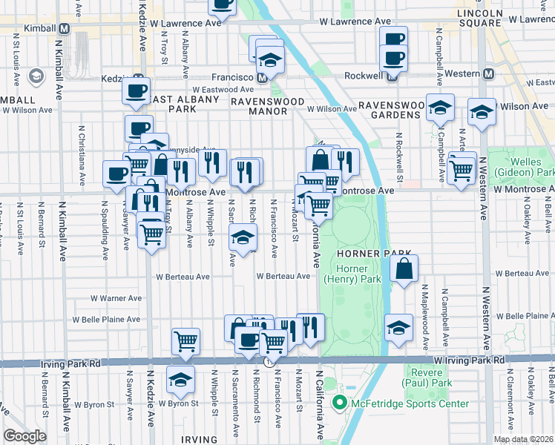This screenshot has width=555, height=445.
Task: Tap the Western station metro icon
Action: coord(488,73)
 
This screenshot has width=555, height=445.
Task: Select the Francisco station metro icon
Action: coord(262,77)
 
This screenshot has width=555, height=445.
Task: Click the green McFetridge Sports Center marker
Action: coord(341,403)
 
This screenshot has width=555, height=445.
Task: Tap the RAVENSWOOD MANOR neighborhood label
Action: coord(258,105)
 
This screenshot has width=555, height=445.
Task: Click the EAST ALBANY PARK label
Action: coord(171,103)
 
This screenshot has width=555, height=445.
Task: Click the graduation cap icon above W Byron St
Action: coord(180,380)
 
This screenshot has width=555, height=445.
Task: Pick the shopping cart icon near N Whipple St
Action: coord(185,341)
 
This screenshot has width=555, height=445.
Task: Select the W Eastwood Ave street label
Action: coord(195,90)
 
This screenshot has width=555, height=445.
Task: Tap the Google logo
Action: coord(24,436)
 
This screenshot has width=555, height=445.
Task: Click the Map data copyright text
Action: coord(523,439)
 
